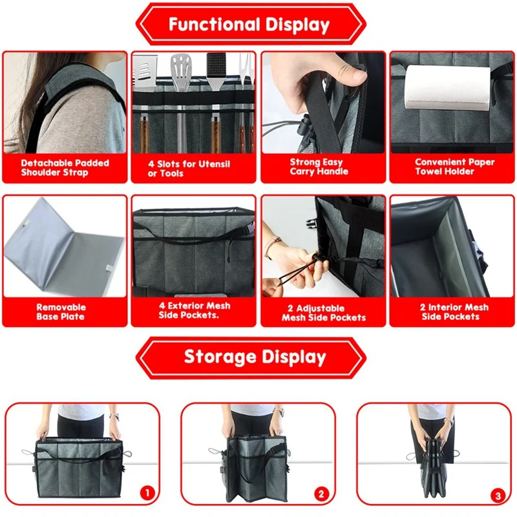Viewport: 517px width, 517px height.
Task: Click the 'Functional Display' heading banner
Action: click(251, 25)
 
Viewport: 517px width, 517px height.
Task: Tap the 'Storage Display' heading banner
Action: click(251, 357)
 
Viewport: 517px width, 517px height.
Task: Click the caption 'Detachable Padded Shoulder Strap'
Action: click(65, 167)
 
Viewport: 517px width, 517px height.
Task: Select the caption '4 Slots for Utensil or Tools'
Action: click(189, 169)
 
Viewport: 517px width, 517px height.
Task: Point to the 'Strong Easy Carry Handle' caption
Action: click(319, 167)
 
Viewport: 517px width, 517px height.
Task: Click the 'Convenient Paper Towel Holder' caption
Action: click(454, 167)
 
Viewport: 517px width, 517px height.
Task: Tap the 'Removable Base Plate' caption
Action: click(61, 312)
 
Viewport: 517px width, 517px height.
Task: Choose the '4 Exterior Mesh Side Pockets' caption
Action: click(195, 310)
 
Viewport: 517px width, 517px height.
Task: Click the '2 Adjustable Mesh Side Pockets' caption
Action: click(324, 313)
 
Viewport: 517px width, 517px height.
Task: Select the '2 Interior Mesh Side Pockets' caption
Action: click(454, 312)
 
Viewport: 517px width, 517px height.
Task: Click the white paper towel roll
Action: click(448, 88)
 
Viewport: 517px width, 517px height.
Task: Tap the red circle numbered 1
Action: click(147, 493)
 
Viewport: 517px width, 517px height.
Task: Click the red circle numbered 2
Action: click(321, 494)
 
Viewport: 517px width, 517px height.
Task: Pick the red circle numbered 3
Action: click(498, 495)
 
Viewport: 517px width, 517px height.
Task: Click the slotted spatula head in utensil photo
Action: click(182, 68)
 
